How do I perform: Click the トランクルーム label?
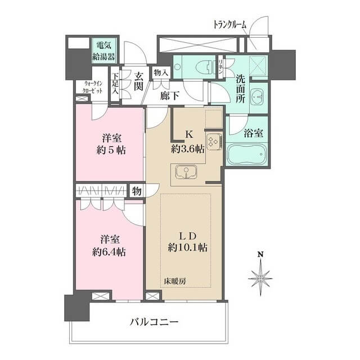tap(230, 25)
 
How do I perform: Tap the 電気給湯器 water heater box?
tap(103, 51)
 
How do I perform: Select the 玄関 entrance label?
tap(139, 81)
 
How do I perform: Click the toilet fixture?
tap(204, 67)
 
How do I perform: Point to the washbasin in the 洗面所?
tap(258, 97)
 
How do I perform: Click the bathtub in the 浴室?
tap(246, 154)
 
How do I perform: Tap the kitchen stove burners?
tap(214, 142)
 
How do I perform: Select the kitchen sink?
tap(186, 172)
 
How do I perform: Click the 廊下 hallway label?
tap(170, 96)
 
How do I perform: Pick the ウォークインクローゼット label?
tap(92, 87)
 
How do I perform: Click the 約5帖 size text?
tap(111, 151)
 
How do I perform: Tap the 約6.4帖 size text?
tap(109, 253)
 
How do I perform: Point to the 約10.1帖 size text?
tap(187, 247)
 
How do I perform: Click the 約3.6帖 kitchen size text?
tap(187, 150)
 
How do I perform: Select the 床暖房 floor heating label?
tap(175, 281)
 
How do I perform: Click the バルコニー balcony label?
tap(154, 322)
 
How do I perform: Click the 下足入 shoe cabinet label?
tap(115, 84)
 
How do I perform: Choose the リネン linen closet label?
tap(220, 66)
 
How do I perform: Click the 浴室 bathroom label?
tap(254, 133)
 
